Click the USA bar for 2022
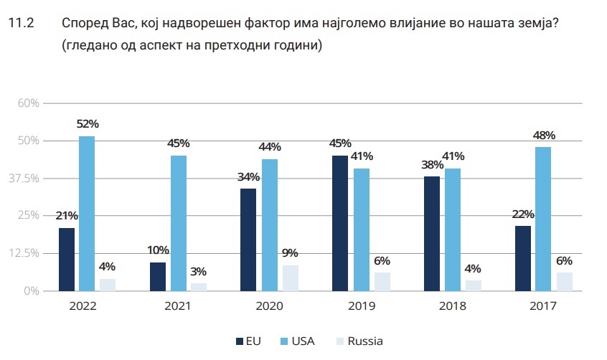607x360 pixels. (87, 214)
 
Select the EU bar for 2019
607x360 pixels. (340, 223)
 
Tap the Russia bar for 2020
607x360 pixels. (290, 278)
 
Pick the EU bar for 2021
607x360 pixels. (158, 277)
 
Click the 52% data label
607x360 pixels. (87, 125)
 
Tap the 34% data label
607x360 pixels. (249, 177)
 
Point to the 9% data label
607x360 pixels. (290, 253)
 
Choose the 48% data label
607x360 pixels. (544, 135)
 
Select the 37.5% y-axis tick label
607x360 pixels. (22, 179)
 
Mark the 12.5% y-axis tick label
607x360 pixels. (22, 253)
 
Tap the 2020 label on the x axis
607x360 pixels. (269, 306)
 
